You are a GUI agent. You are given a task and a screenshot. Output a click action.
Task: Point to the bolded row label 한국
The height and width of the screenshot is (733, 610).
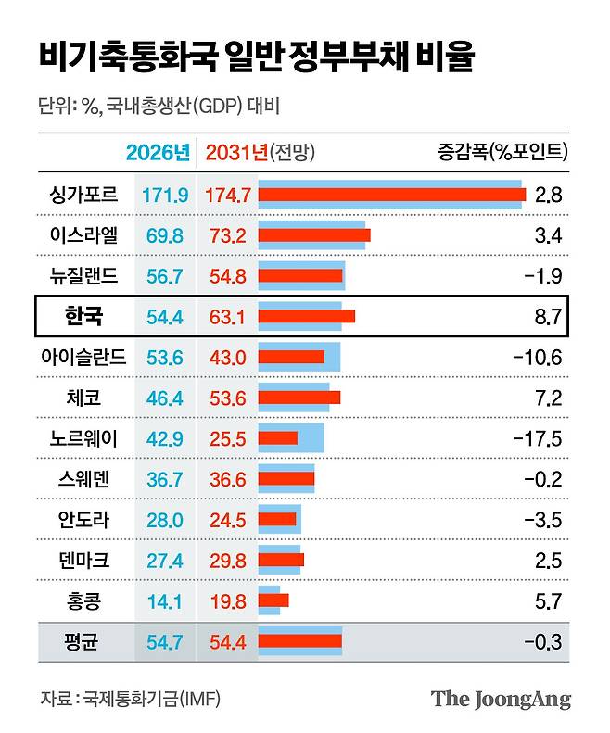pos(84,317)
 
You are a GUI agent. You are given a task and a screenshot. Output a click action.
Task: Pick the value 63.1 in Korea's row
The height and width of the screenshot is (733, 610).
pos(227,317)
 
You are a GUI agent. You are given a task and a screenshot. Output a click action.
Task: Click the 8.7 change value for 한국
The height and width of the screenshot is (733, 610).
pos(549,317)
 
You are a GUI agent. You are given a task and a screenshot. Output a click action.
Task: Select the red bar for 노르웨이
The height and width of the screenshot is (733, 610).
pos(278,438)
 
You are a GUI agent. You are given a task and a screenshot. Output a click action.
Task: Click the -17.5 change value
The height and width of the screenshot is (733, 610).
pos(540,438)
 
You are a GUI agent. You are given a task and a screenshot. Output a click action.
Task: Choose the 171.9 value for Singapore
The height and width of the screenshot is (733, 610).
pos(166,195)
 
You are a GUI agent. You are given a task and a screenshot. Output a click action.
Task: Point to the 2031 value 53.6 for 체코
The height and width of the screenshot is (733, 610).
pos(227,398)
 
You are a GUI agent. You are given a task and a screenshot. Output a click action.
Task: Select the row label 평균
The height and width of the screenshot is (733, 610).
pos(84,641)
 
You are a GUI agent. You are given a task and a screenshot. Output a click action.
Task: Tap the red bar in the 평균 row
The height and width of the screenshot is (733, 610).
pos(300,640)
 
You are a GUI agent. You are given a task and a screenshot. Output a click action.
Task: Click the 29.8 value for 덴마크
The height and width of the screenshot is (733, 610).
pos(227,560)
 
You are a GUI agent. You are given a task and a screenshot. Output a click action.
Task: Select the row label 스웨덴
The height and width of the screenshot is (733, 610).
pos(84,479)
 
